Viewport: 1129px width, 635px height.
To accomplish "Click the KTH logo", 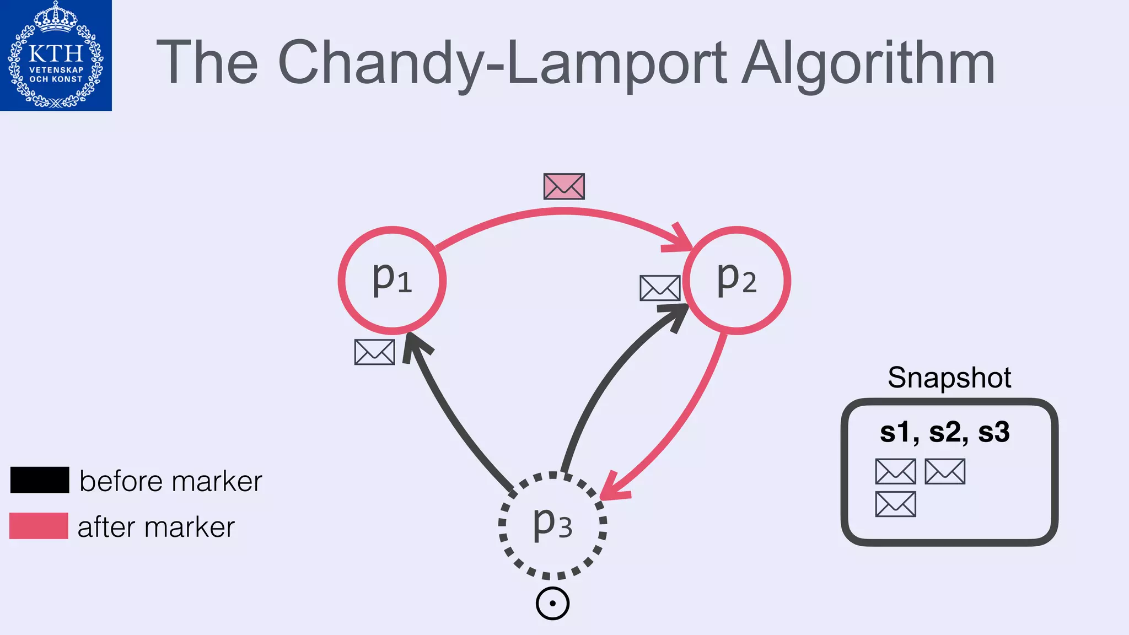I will tap(56, 55).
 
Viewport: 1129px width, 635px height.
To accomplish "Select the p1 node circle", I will tap(392, 280).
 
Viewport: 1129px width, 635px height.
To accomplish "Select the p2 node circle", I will tap(736, 280).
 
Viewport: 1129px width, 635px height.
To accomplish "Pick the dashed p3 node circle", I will tap(552, 525).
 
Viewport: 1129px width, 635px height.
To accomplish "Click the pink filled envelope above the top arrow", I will tap(563, 186).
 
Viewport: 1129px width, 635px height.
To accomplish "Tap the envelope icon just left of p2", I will tap(659, 288).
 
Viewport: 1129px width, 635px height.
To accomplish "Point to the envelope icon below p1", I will tap(374, 352).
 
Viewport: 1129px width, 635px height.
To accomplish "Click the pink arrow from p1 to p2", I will tap(562, 211).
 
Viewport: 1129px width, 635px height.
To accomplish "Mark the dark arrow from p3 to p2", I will tap(601, 386).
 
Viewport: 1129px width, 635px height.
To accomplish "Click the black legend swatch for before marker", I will tap(40, 480).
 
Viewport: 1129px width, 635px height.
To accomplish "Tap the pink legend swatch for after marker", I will tap(39, 525).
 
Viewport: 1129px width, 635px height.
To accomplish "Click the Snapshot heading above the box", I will tap(949, 378).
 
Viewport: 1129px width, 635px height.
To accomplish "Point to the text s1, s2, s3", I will tap(944, 432).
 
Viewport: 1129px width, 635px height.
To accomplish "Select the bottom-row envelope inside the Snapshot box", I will tap(895, 504).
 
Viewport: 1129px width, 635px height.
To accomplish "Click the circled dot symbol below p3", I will tap(552, 604).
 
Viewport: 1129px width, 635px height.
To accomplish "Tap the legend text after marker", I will tap(156, 527).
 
